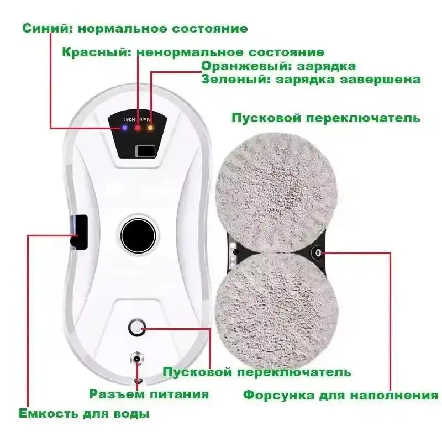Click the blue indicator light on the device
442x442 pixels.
[x=125, y=128]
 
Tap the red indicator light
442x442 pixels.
[x=138, y=128]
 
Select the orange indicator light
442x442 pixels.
[x=150, y=128]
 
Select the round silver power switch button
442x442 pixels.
[x=136, y=327]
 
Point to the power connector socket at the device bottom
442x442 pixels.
[x=136, y=360]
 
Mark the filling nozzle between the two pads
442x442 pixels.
[x=319, y=252]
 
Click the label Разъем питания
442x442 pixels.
[x=149, y=394]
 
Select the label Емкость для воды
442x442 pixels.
[x=84, y=413]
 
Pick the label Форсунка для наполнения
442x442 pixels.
[x=341, y=395]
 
